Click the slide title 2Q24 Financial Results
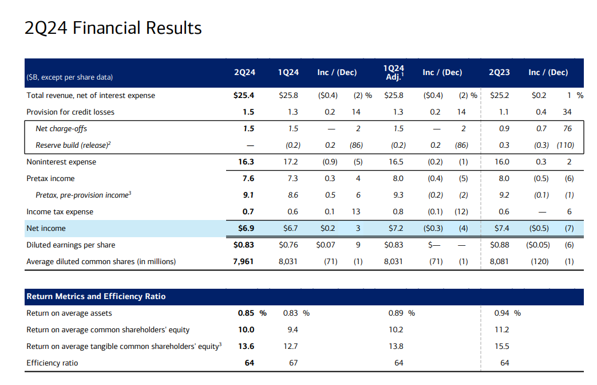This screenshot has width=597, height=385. coord(113,28)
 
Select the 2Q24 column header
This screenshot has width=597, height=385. coord(245,73)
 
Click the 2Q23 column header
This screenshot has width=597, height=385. coord(499,73)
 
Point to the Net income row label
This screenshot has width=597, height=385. coord(46,229)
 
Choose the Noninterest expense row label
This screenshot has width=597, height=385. coord(61,162)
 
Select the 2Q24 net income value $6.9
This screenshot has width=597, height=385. coord(246,229)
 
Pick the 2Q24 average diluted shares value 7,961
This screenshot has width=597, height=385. coord(243,262)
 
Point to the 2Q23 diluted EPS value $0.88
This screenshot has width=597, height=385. coord(499,245)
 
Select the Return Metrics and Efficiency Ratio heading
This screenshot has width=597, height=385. coord(96,297)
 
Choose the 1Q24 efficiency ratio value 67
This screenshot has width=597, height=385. coord(292,363)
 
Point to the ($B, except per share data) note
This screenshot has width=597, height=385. coord(70,77)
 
